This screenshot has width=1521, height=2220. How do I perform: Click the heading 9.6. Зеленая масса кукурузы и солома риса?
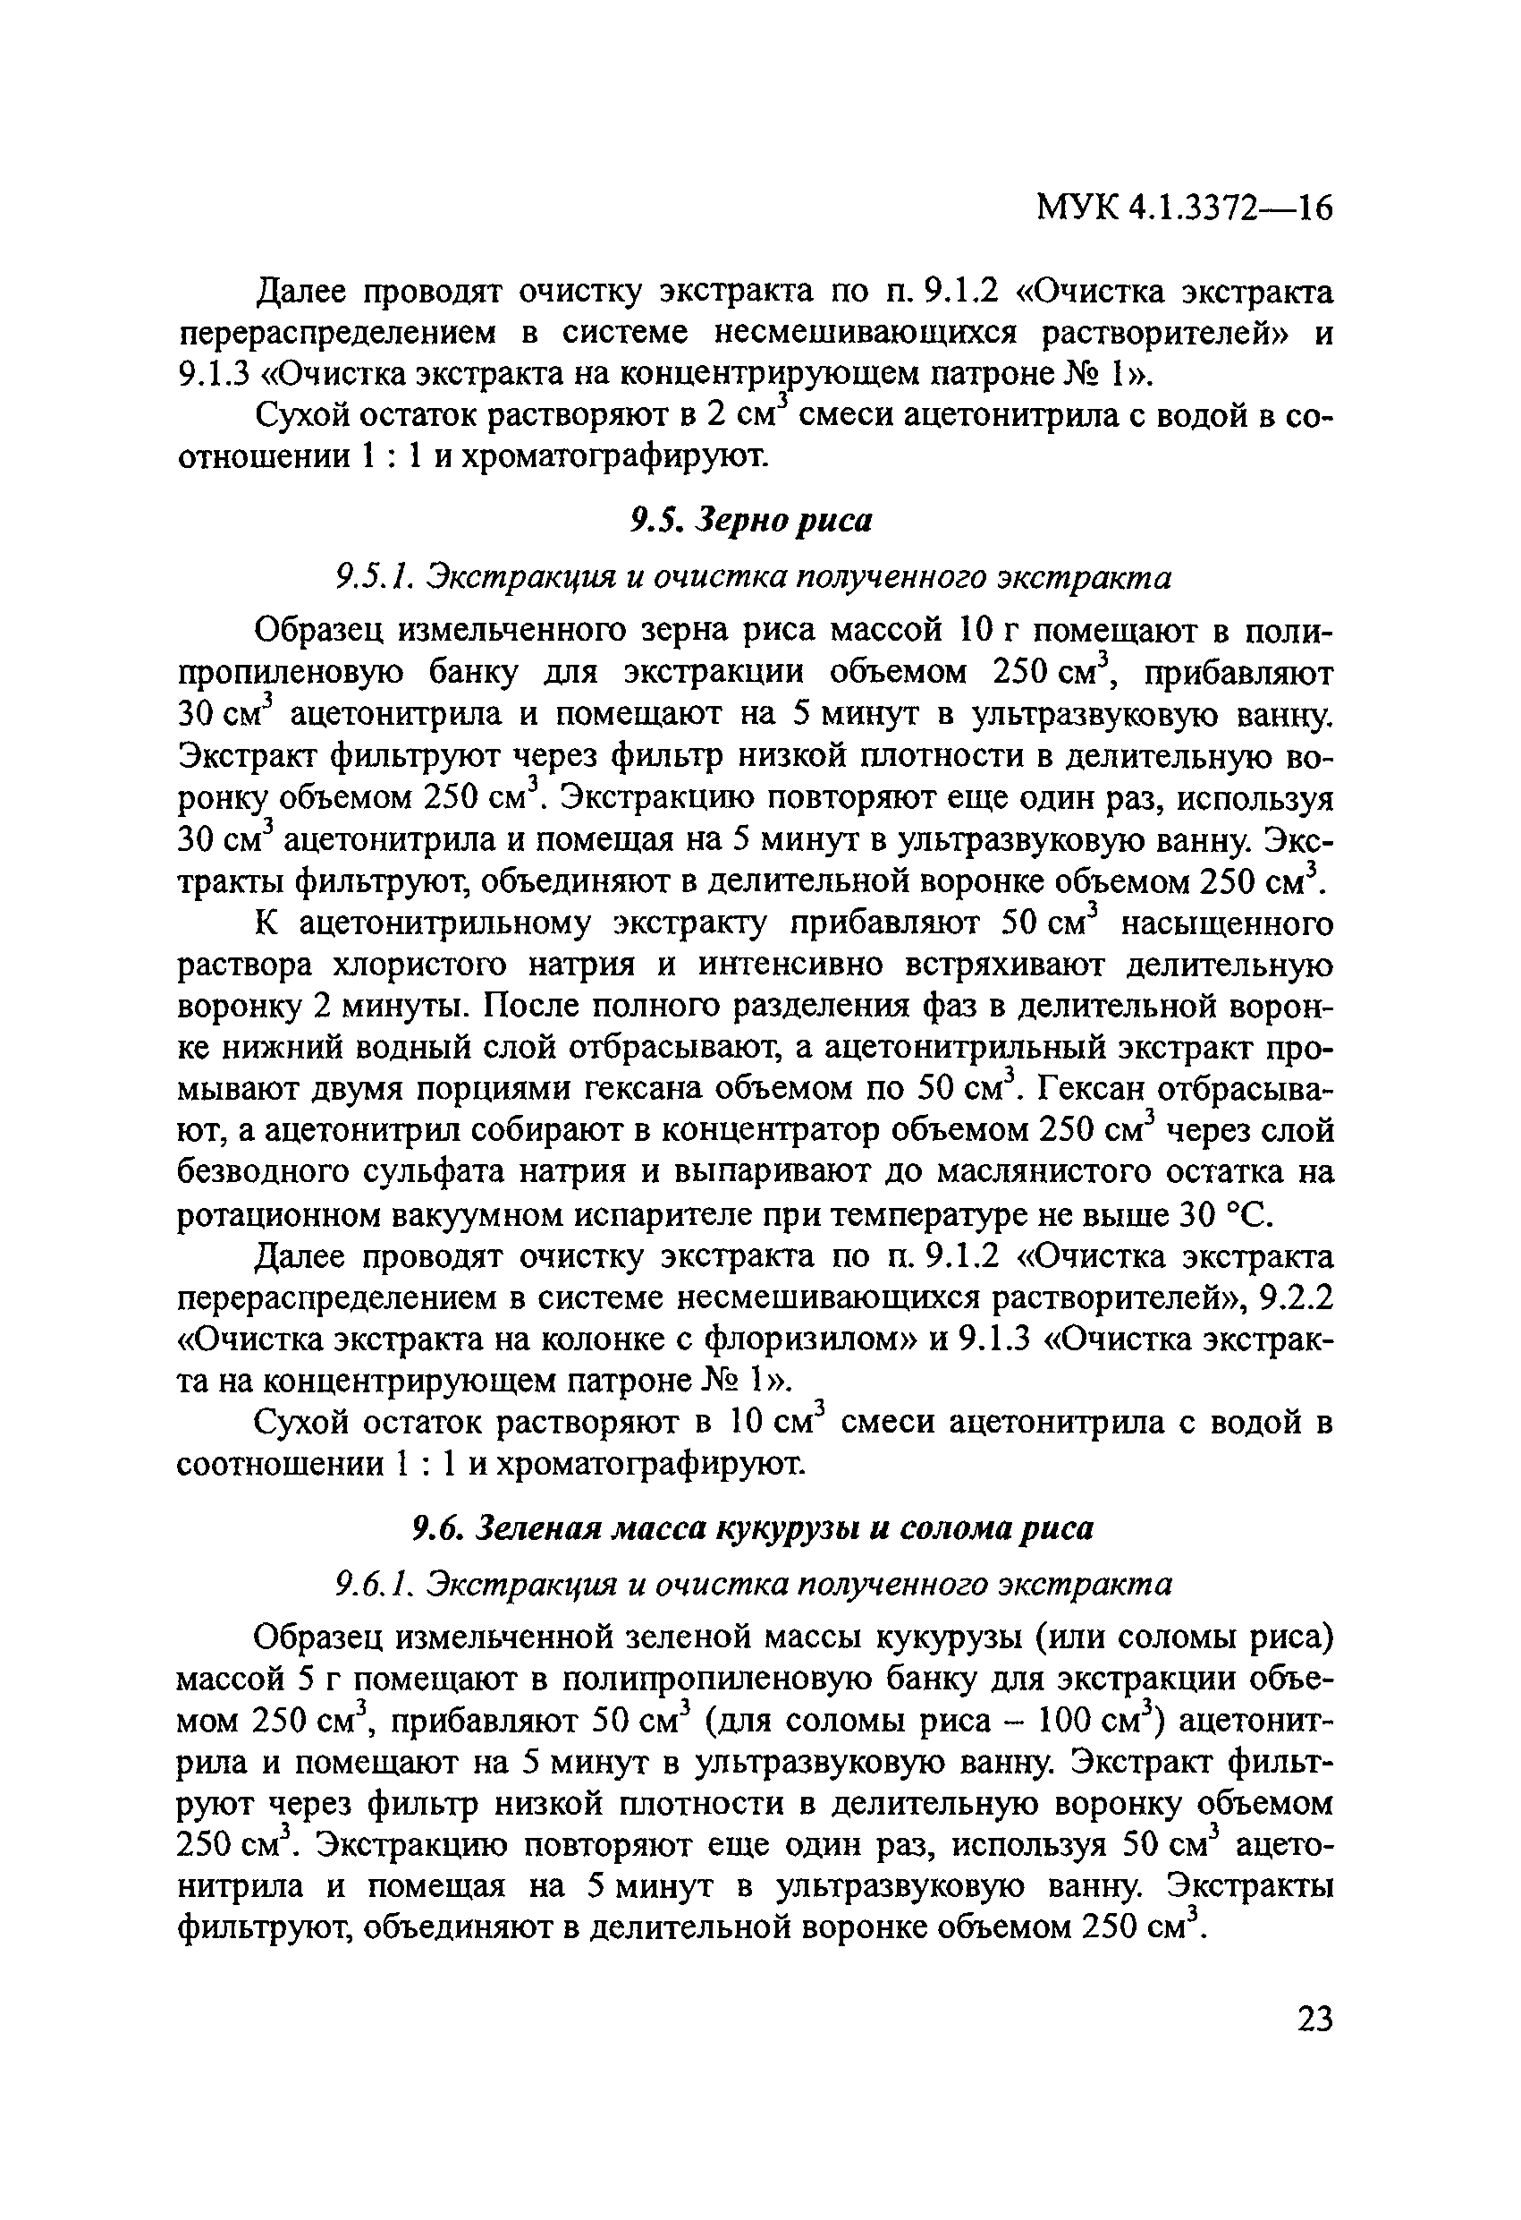[752, 1528]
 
